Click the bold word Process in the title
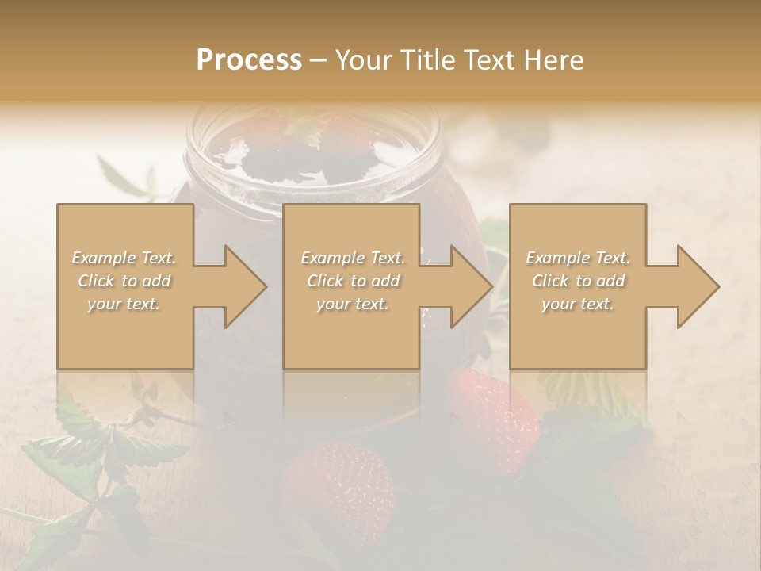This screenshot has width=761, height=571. point(249,60)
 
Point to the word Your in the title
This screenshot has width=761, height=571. point(363,60)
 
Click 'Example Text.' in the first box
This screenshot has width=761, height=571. point(124,258)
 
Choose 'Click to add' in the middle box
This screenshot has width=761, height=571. point(353,281)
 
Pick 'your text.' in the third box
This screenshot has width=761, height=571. point(577,304)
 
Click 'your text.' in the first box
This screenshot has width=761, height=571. point(124,304)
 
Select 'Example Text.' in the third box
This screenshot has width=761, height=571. point(578,258)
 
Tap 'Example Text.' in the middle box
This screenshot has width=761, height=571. point(353,258)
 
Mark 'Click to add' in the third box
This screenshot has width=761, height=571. point(578,281)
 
